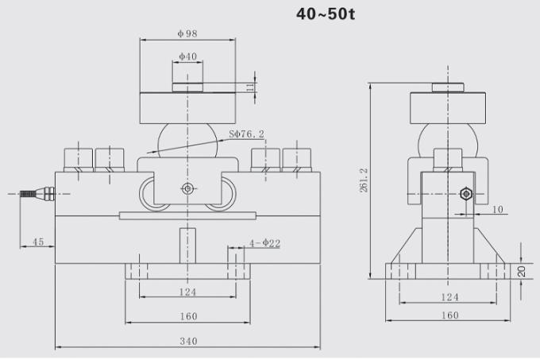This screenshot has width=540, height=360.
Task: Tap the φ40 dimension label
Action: pos(187,56)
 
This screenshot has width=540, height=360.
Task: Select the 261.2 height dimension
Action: pos(364,182)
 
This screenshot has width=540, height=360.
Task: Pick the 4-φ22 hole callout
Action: pos(264,243)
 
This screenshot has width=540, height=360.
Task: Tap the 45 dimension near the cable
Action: pos(37,242)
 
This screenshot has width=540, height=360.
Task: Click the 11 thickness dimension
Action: pos(250,87)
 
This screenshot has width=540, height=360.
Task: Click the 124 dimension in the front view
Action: pos(187,292)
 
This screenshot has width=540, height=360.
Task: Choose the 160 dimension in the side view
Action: pos(449,315)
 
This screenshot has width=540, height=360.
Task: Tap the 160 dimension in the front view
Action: pos(187,315)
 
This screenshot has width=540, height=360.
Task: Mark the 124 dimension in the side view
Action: pos(449,297)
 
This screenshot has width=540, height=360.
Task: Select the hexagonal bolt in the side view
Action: pos(465,193)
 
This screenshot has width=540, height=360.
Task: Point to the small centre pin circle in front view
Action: pos(187,188)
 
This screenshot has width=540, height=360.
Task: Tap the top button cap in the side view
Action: pos(449,87)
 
